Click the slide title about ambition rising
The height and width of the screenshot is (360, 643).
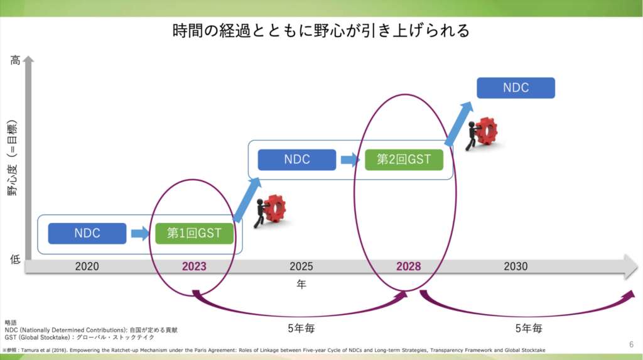(x=321, y=31)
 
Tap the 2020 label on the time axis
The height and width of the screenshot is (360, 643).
(x=87, y=266)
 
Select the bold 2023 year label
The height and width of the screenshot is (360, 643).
(x=194, y=266)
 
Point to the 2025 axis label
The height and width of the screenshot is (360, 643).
(x=301, y=266)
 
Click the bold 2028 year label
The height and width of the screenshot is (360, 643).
(x=408, y=266)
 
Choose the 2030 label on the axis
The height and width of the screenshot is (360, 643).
(x=516, y=266)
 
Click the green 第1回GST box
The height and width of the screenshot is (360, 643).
(x=194, y=234)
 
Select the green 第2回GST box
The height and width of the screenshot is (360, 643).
(x=404, y=160)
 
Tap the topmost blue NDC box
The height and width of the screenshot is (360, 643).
(x=516, y=88)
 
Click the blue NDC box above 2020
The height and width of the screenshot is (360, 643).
(x=87, y=234)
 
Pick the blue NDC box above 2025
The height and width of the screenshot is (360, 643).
(x=297, y=160)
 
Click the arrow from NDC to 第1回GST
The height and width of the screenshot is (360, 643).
(x=141, y=234)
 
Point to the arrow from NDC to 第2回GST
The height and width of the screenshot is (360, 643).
(x=350, y=160)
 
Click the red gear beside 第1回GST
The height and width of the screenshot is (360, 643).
(x=274, y=209)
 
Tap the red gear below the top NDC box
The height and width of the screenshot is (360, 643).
(x=486, y=131)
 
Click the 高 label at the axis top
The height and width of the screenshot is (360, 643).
(x=16, y=61)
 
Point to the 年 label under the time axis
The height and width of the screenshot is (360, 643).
(x=301, y=285)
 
